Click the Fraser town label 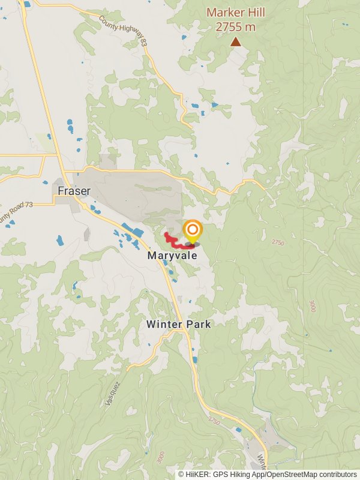(74, 191)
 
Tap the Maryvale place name (172, 255)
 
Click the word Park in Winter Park (198, 324)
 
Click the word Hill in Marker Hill (255, 12)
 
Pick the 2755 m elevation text (236, 27)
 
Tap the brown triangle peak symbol (236, 41)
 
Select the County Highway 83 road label (124, 30)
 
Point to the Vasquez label (113, 394)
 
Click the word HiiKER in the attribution (198, 475)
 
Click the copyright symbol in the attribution (181, 475)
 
